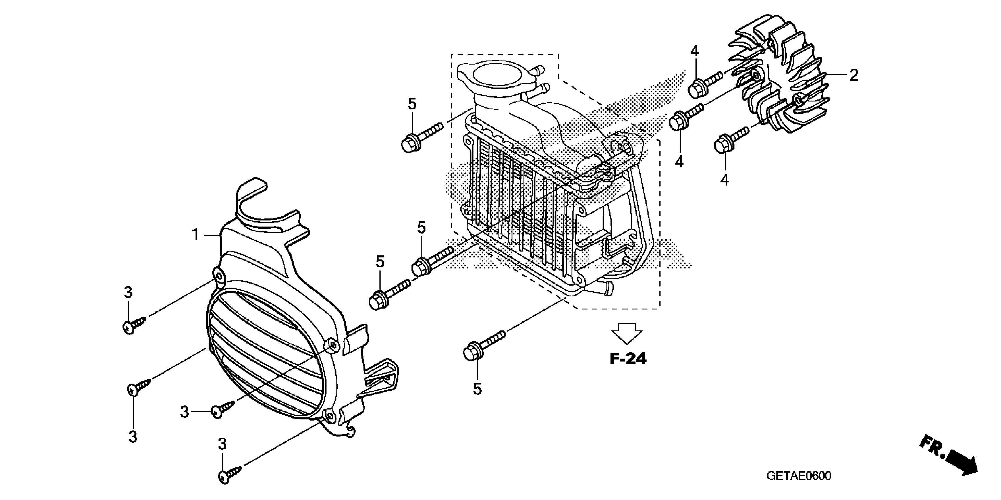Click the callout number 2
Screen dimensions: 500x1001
854,75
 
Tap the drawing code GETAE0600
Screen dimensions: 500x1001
799,476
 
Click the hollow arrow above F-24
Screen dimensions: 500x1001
627,333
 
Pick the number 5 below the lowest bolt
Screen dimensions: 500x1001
477,389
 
